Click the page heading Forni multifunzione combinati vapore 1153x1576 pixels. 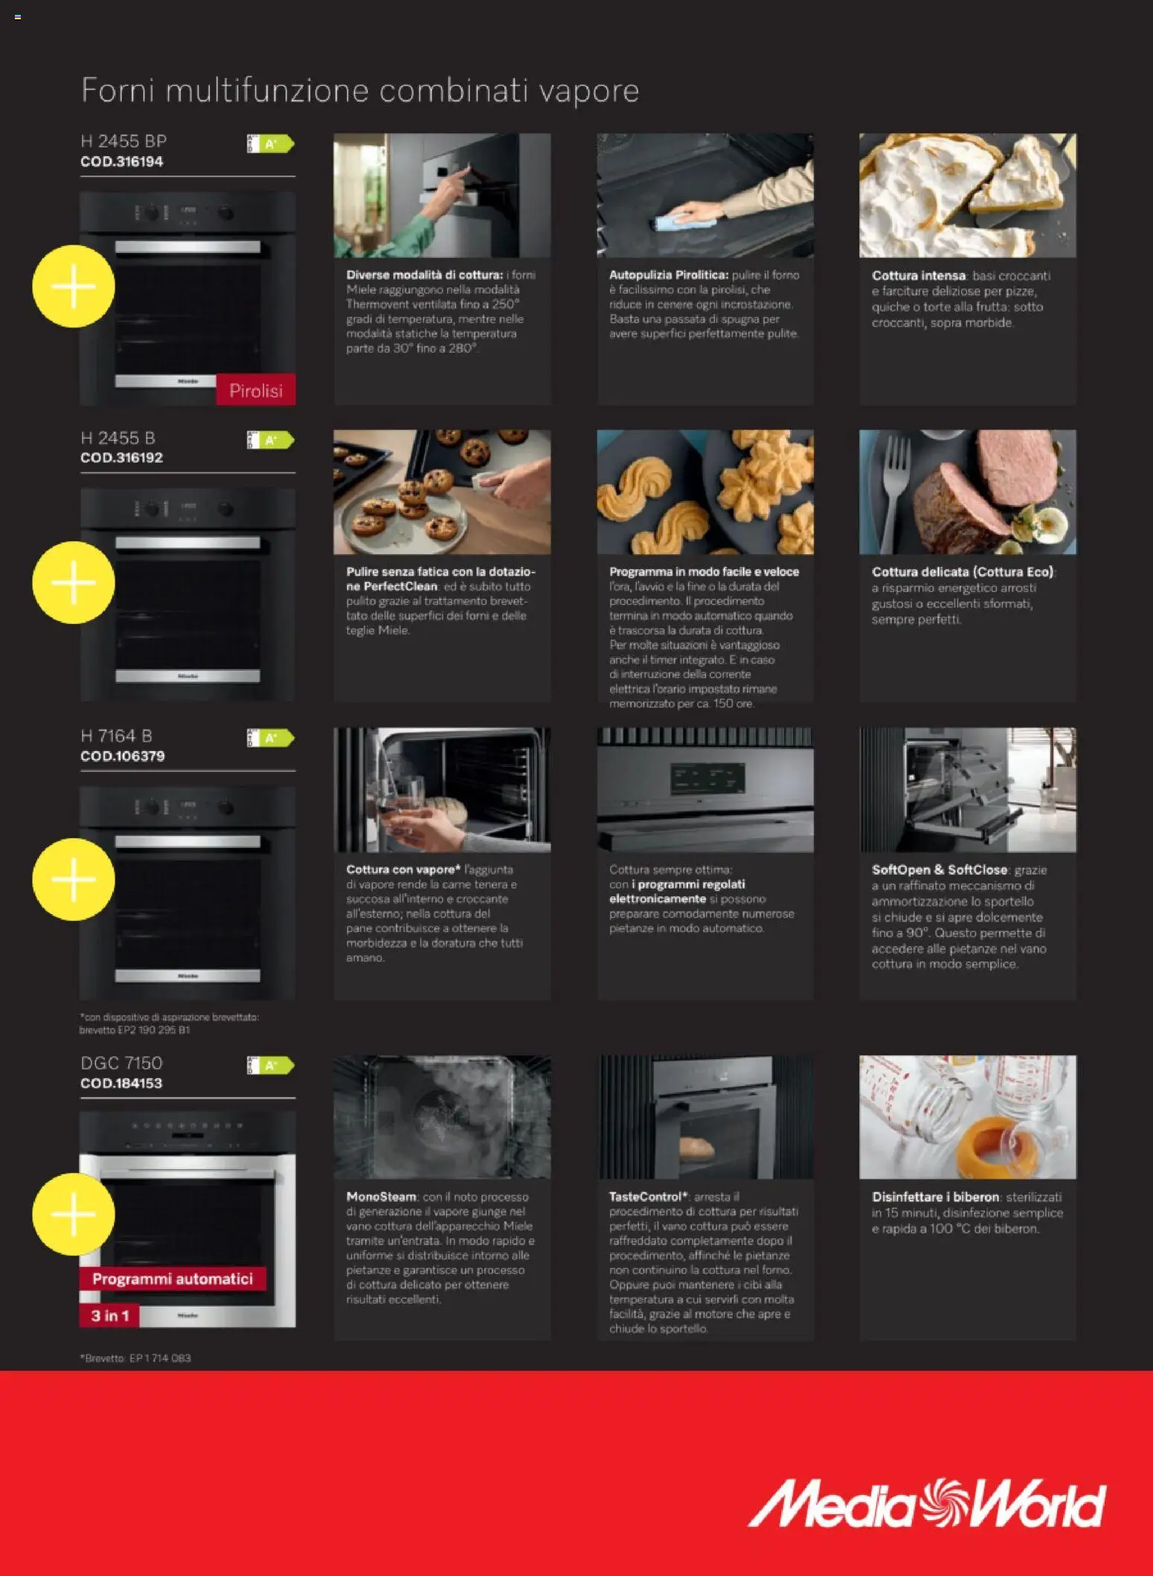tap(359, 91)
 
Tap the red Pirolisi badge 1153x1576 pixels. tap(255, 390)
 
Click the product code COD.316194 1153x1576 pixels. tap(121, 161)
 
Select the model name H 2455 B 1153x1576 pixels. tap(118, 438)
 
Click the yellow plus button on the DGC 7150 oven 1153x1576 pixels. tap(73, 1214)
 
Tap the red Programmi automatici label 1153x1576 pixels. tap(173, 1279)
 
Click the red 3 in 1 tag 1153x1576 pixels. tap(109, 1316)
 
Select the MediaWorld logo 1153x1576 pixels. tap(926, 1504)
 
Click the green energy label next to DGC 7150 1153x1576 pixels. tap(271, 1065)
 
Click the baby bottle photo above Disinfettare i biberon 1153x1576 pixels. tap(967, 1117)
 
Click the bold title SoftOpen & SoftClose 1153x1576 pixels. tap(939, 869)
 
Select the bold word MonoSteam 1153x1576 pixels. tap(381, 1197)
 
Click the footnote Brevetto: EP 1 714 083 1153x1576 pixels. tap(135, 1358)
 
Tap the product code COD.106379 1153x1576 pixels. tap(122, 756)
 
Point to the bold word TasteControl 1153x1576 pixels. tap(644, 1197)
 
